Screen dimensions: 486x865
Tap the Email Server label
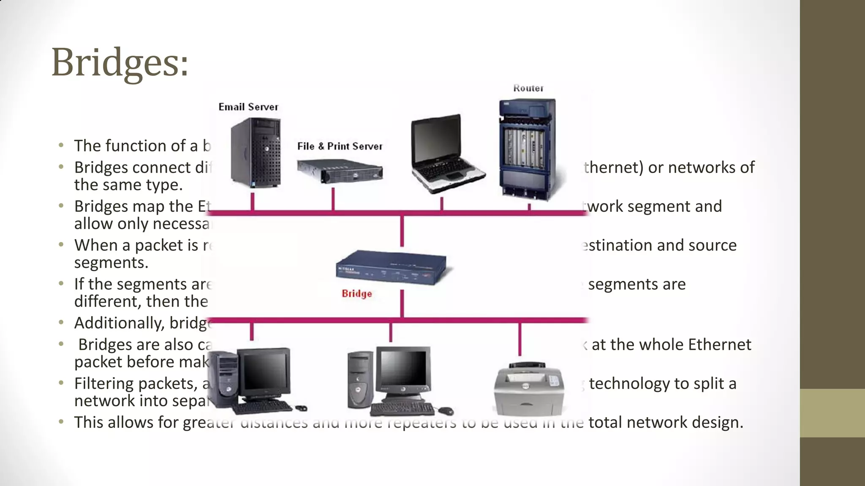pyautogui.click(x=248, y=107)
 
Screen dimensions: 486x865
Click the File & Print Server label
pyautogui.click(x=340, y=146)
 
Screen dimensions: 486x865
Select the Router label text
pyautogui.click(x=528, y=88)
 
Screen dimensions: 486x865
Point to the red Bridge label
pyautogui.click(x=357, y=294)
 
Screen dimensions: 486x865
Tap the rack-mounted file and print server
pyautogui.click(x=340, y=171)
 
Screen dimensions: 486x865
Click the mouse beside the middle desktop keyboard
pyautogui.click(x=445, y=410)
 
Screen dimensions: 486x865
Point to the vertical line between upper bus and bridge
pyautogui.click(x=402, y=231)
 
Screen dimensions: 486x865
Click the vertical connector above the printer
pyautogui.click(x=520, y=340)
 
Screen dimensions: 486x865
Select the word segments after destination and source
pyautogui.click(x=111, y=263)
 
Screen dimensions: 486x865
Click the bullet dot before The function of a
pyautogui.click(x=62, y=146)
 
